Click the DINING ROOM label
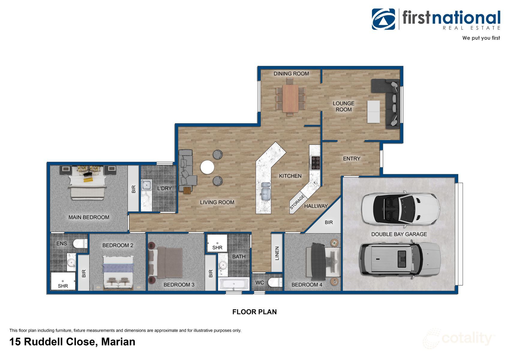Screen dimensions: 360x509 click(291, 73)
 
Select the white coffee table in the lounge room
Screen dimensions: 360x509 click(373, 111)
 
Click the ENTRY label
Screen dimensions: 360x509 click(352, 158)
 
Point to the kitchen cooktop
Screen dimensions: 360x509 click(315, 163)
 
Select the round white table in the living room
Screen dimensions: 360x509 click(207, 167)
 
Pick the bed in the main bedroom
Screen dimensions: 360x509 click(88, 183)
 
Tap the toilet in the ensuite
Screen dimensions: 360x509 click(81, 243)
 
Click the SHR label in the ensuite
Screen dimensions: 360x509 click(63, 286)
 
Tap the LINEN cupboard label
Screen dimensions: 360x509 click(277, 253)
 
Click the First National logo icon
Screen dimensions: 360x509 click(383, 19)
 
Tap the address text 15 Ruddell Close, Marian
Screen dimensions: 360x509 click(72, 342)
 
